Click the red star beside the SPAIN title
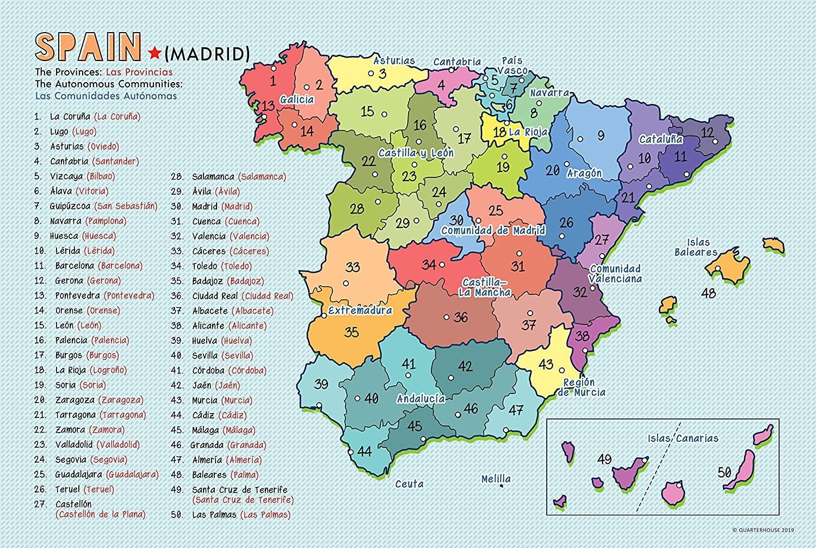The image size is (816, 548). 154,53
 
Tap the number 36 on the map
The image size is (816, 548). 461,317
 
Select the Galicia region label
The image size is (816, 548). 297,100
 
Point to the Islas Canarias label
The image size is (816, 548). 683,438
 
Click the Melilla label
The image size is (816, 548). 496,479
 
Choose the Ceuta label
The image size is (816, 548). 409,484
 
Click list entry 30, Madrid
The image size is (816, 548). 221,206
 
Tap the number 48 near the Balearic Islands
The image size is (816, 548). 708,293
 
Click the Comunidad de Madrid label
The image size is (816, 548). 493,230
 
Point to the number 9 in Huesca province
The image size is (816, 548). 601,136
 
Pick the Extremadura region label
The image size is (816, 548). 360,311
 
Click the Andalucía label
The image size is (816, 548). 421,398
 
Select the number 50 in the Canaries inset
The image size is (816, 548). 724,472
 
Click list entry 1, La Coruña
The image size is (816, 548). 95,116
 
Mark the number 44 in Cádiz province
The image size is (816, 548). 364,451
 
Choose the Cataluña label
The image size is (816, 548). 660,139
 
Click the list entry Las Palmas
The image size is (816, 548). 241,515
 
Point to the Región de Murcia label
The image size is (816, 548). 580,387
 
